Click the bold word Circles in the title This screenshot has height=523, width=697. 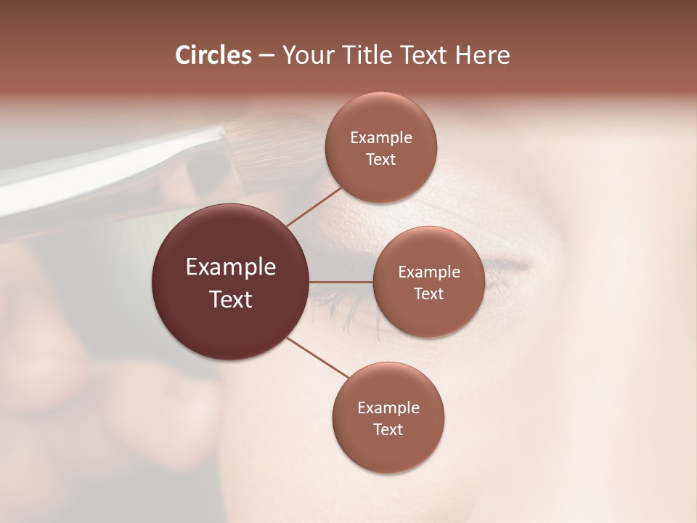(x=213, y=55)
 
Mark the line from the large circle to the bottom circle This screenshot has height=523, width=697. (x=317, y=357)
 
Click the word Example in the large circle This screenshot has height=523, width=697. (x=231, y=267)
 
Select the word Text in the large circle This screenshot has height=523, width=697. (x=231, y=299)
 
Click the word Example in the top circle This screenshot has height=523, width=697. (x=381, y=138)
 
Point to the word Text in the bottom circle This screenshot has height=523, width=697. (x=388, y=429)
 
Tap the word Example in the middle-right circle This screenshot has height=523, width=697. (x=429, y=272)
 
